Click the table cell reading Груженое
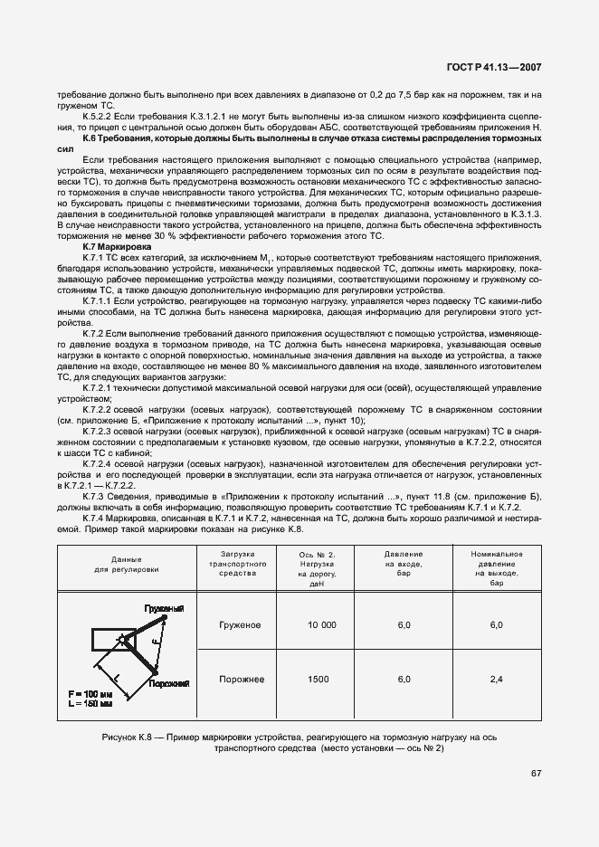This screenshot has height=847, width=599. tap(240, 625)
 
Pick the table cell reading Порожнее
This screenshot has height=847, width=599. tap(240, 678)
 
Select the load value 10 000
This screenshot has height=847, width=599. tap(321, 625)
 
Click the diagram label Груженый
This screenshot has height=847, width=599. tap(166, 609)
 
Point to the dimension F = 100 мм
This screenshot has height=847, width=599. tap(90, 693)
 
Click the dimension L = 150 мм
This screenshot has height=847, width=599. tap(90, 703)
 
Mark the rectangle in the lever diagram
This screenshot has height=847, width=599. tap(109, 642)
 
